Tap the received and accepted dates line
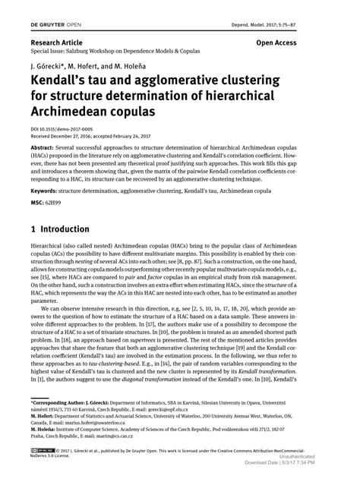pyautogui.click(x=90, y=136)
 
